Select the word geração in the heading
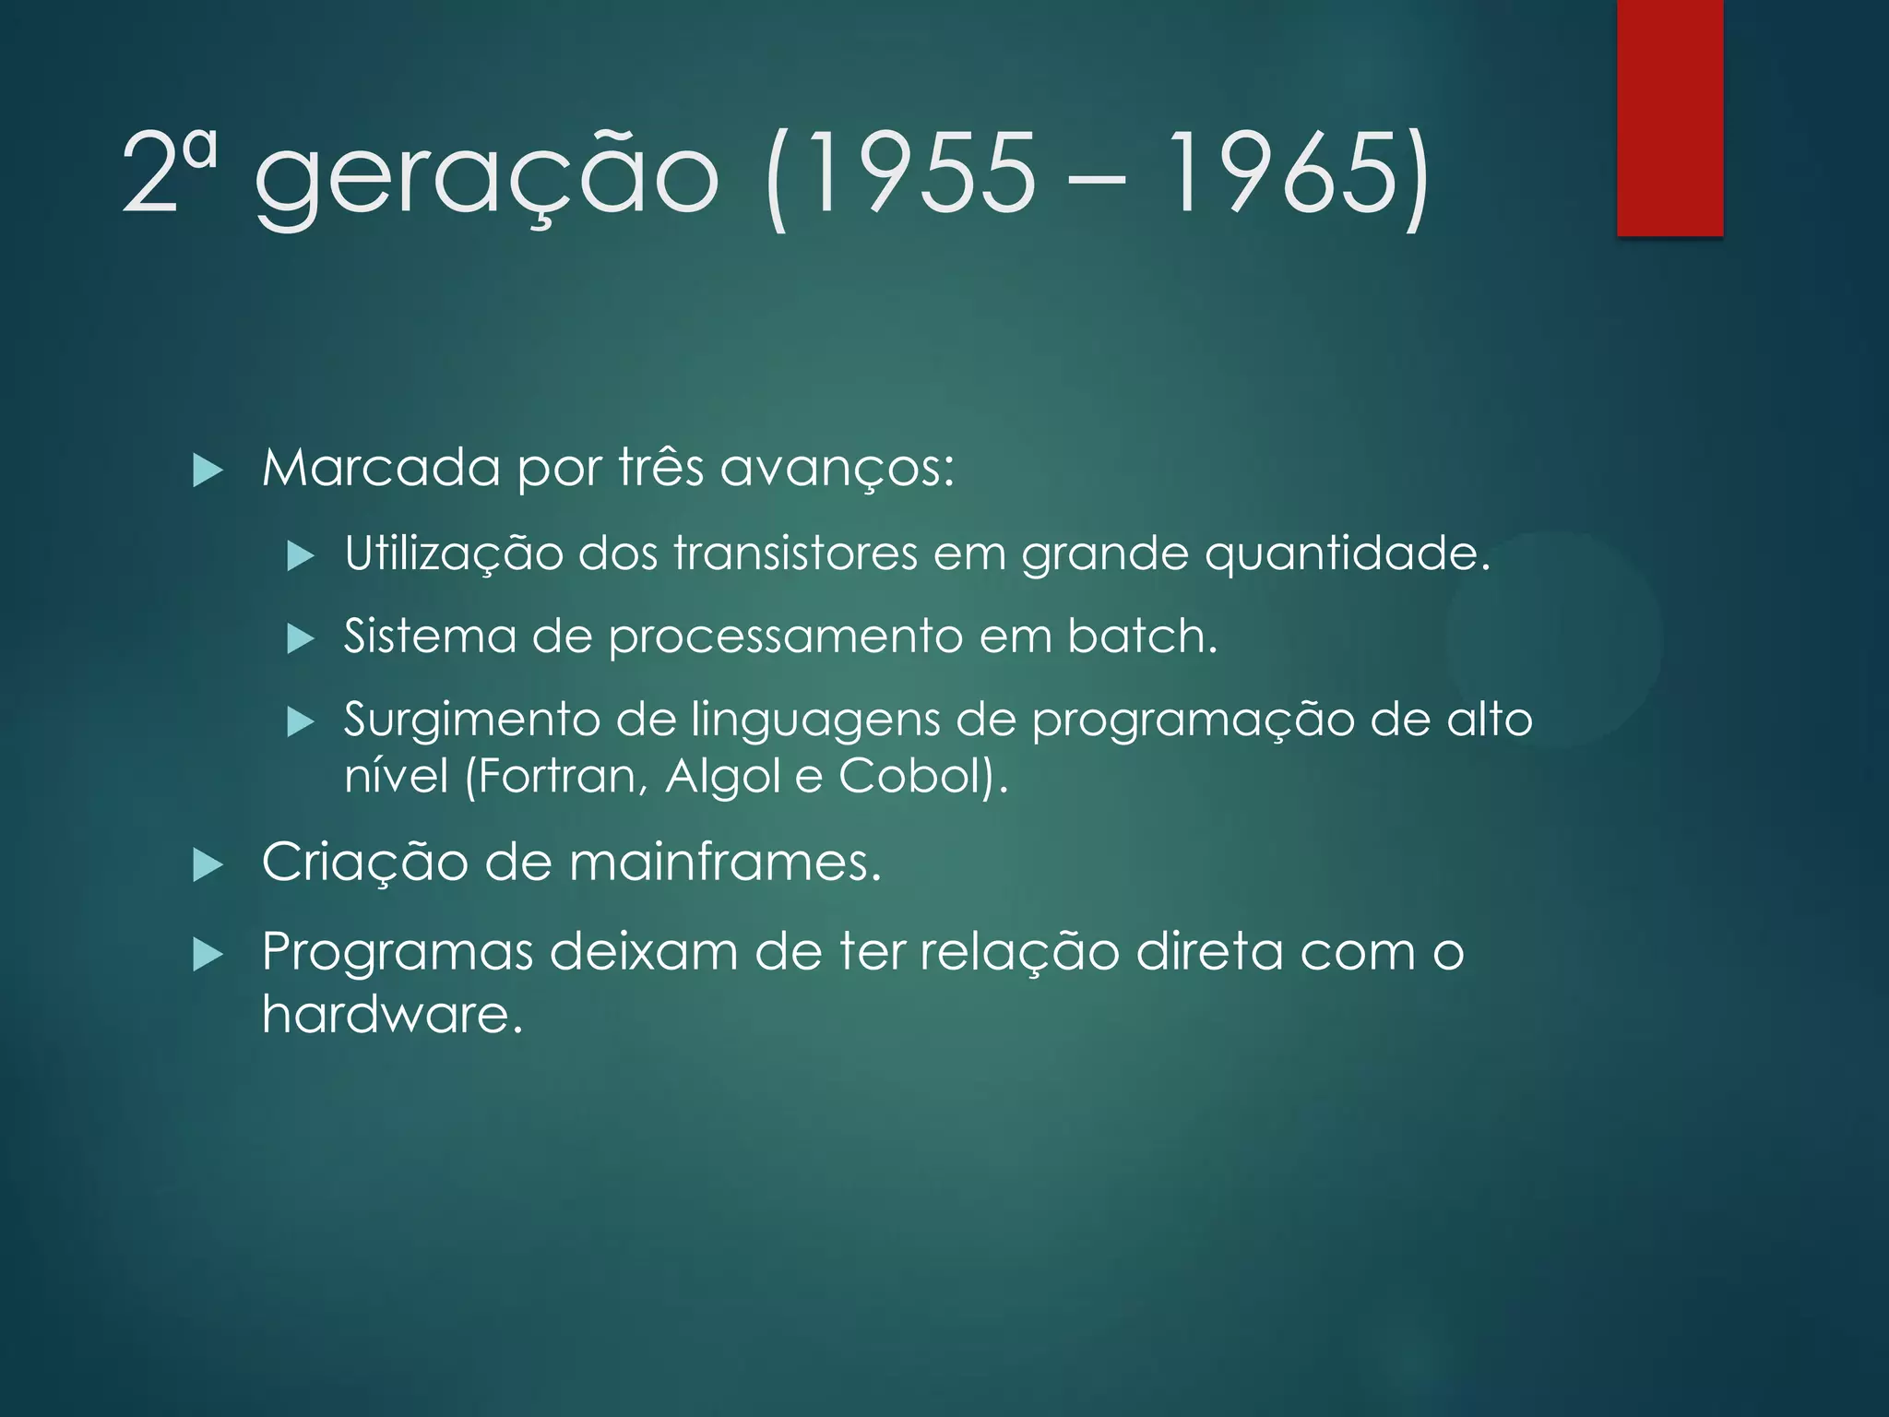(x=486, y=175)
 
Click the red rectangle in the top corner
(x=1669, y=117)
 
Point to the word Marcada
(x=381, y=469)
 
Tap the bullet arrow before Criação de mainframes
(x=208, y=865)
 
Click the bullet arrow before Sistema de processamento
(x=301, y=638)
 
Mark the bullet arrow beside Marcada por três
(x=208, y=471)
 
